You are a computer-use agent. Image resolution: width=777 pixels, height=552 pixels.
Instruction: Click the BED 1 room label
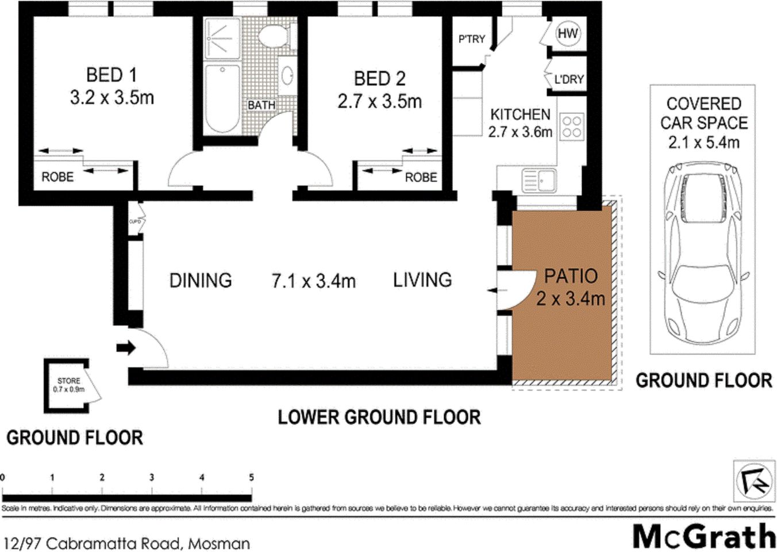coord(111,75)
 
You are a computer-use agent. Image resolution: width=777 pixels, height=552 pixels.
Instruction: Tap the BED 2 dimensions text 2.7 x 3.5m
coord(379,102)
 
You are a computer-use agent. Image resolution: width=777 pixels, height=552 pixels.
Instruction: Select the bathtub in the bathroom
coord(222,99)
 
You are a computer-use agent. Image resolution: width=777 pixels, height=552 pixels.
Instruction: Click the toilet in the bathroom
coord(272,36)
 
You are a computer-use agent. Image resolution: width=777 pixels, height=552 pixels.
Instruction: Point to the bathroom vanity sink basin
coord(287,75)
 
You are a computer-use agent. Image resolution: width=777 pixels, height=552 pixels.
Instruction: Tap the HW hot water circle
coord(567,33)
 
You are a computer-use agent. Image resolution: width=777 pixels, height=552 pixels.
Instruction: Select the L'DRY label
coord(568,79)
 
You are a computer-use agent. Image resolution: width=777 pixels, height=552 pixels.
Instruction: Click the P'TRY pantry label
coord(471,39)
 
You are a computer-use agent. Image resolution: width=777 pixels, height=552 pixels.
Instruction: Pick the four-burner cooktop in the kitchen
coord(571,126)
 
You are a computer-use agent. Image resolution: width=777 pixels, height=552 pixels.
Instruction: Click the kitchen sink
coord(538,180)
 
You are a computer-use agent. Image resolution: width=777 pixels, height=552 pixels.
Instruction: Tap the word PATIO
coord(571,277)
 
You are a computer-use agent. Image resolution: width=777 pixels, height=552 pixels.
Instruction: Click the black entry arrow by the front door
coord(126,347)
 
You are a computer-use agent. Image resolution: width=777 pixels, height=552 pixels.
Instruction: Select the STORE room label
coord(68,381)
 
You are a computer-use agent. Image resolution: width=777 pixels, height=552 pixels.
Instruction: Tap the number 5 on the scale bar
coord(251,477)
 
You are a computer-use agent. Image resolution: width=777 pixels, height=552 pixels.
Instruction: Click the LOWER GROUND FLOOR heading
coord(379,417)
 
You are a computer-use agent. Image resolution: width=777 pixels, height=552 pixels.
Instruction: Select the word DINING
coord(201,281)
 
